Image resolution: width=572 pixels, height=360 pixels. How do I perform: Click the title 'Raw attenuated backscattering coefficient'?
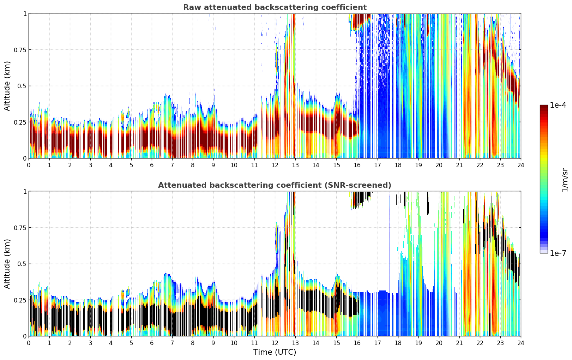pyautogui.click(x=275, y=7)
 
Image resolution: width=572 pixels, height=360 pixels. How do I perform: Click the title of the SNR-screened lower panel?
pyautogui.click(x=275, y=185)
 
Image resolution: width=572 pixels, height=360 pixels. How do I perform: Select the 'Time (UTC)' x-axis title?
pyautogui.click(x=275, y=352)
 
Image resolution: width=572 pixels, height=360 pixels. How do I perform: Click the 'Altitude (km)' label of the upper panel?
pyautogui.click(x=7, y=86)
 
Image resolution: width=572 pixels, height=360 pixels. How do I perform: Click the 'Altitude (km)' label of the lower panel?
pyautogui.click(x=7, y=264)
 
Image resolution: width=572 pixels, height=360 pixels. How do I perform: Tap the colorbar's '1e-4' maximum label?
pyautogui.click(x=558, y=105)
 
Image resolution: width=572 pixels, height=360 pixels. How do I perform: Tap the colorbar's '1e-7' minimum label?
pyautogui.click(x=558, y=253)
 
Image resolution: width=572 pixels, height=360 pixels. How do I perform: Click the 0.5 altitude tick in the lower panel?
pyautogui.click(x=22, y=264)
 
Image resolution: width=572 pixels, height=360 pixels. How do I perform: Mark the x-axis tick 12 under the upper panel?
pyautogui.click(x=275, y=165)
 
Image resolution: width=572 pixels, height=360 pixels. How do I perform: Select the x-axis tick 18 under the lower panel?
pyautogui.click(x=398, y=343)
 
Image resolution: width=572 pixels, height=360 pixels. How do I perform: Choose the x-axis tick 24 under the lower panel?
pyautogui.click(x=520, y=343)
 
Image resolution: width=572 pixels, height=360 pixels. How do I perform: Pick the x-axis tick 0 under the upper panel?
pyautogui.click(x=29, y=165)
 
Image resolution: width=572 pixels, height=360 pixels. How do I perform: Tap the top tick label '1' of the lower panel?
pyautogui.click(x=25, y=192)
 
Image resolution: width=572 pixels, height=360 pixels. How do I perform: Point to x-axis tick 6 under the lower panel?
pyautogui.click(x=152, y=343)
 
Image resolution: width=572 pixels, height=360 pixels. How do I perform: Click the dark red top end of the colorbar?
pyautogui.click(x=543, y=107)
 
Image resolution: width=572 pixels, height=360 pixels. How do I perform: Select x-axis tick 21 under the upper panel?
pyautogui.click(x=459, y=165)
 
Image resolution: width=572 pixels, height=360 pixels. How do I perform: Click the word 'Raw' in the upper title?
pyautogui.click(x=191, y=7)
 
